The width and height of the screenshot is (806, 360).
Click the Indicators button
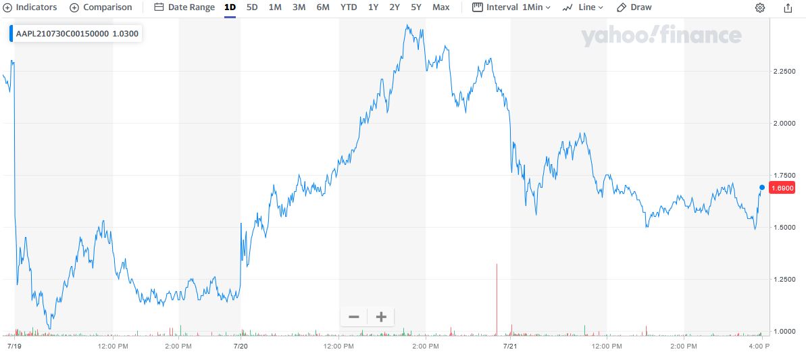coord(30,7)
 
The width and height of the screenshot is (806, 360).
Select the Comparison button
coord(101,7)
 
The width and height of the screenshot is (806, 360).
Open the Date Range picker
coord(184,7)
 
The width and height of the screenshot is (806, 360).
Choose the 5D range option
coord(252,7)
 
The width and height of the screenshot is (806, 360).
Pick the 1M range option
coord(275,7)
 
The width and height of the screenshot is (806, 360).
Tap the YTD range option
coord(349,7)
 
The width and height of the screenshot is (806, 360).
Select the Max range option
coord(440,7)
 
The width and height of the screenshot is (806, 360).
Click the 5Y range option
coord(416,7)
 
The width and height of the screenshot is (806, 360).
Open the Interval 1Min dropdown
coord(511,7)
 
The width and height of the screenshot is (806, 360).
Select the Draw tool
coord(634,7)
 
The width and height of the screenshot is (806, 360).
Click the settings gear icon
coord(760,8)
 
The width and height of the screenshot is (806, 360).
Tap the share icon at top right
coord(788,8)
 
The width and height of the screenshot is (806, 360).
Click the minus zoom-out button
coord(354,317)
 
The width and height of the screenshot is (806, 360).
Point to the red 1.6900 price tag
coord(782,188)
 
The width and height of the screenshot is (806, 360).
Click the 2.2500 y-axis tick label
coord(784,71)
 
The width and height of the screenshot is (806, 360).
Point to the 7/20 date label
coord(241,346)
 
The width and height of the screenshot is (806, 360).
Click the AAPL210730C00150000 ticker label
coord(61,33)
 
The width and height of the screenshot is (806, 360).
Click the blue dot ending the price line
coord(762,187)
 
